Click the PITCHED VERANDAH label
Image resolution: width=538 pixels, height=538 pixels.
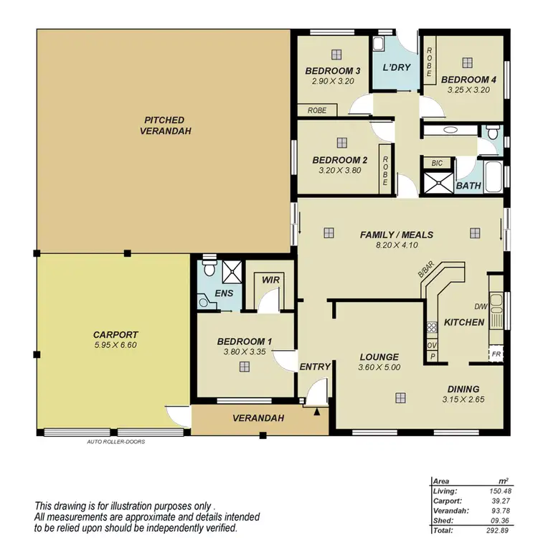164,126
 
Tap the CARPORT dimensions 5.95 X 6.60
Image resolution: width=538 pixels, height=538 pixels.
115,345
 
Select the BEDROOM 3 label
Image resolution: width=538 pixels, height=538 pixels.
332,71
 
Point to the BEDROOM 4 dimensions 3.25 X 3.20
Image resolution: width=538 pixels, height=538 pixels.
468,90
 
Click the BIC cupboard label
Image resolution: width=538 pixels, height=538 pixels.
437,164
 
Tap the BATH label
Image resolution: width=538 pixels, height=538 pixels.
468,186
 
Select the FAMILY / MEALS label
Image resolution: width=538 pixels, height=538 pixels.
397,235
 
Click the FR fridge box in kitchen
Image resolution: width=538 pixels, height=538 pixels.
495,354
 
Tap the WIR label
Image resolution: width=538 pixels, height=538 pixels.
270,280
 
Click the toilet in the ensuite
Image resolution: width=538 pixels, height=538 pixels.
208,270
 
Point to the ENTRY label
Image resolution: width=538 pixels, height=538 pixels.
315,367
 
